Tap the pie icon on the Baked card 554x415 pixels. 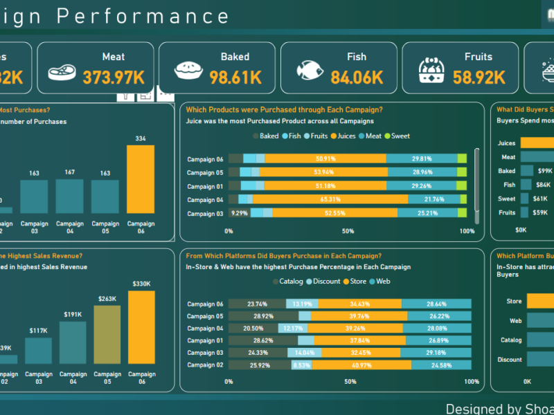tap(188, 68)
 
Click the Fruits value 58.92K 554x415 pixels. tap(479, 77)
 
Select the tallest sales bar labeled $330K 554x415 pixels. tap(141, 327)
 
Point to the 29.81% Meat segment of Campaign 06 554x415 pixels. tap(422, 158)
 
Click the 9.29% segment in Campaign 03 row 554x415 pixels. tap(239, 214)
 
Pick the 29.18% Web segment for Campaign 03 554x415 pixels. tap(436, 353)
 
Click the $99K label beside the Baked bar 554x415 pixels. tap(544, 171)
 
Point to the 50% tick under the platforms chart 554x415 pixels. tap(350, 381)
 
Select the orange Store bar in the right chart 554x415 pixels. tap(540, 301)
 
